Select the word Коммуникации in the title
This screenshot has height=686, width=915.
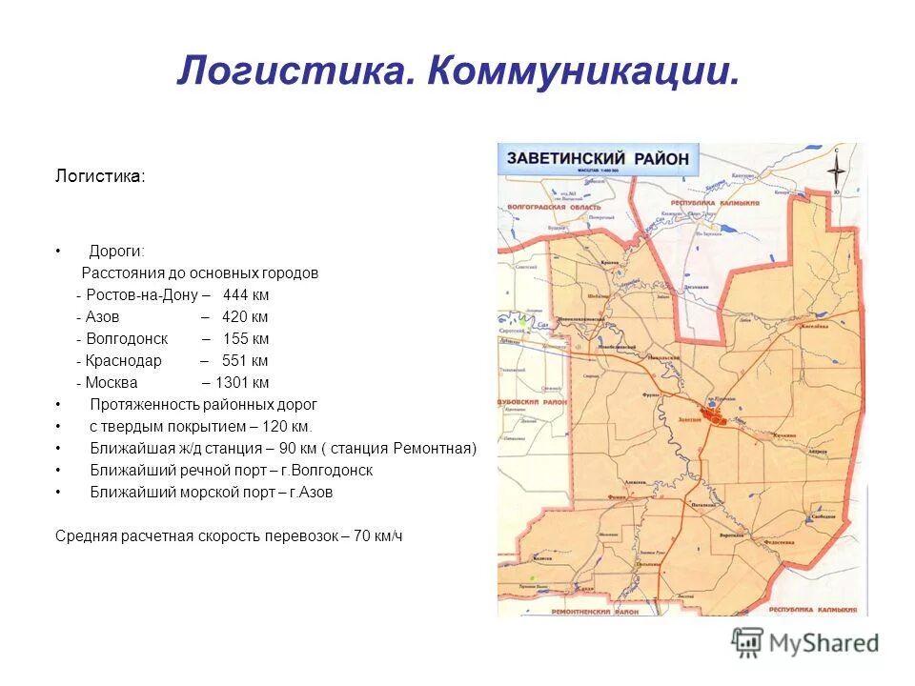(583, 72)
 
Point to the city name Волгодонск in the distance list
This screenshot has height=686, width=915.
(127, 338)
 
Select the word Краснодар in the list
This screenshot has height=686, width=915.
(124, 360)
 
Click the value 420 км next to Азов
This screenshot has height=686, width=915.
(245, 316)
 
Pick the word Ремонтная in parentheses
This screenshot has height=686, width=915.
(434, 448)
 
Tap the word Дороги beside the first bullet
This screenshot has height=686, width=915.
(116, 251)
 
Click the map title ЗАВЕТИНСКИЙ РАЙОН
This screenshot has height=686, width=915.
(597, 159)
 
